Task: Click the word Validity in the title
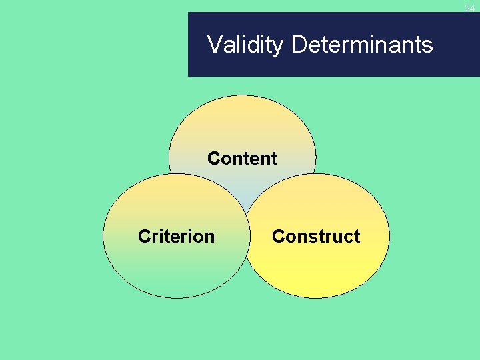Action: [x=246, y=45]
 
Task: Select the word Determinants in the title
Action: [x=362, y=45]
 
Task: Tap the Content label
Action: [x=242, y=159]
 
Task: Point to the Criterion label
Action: [x=176, y=237]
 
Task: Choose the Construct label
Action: [x=316, y=237]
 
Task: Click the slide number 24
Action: [x=470, y=8]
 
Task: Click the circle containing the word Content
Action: [x=242, y=130]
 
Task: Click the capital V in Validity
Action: [x=215, y=45]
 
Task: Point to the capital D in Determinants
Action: [x=299, y=45]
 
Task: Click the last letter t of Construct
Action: [x=357, y=237]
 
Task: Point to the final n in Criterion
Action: [x=210, y=237]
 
